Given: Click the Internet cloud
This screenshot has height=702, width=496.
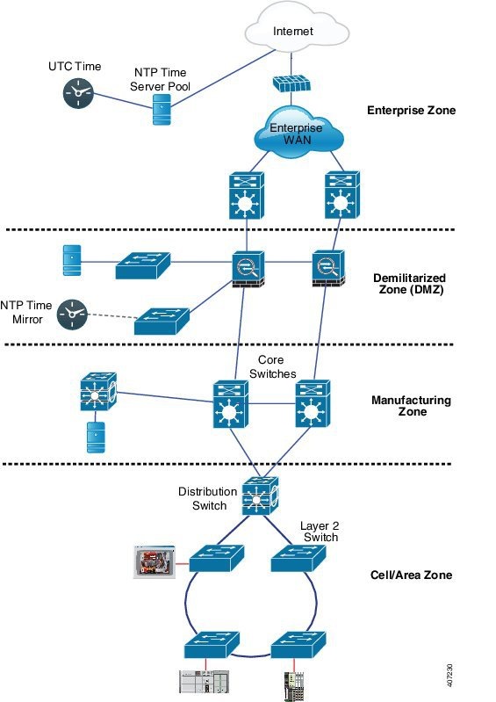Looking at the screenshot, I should (x=294, y=32).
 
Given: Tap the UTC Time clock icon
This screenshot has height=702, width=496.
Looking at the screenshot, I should (x=78, y=94).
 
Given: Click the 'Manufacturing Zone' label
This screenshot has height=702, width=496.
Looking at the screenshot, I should (x=411, y=406).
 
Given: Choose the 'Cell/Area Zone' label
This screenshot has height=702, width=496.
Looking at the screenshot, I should (x=409, y=575).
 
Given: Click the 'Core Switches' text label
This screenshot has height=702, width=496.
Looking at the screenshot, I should (x=278, y=367).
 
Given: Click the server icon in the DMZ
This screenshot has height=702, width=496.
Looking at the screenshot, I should (x=73, y=260).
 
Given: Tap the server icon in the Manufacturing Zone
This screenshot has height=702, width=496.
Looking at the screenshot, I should (x=95, y=438).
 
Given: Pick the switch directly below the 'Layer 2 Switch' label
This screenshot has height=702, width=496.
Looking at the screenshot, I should (x=298, y=558).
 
